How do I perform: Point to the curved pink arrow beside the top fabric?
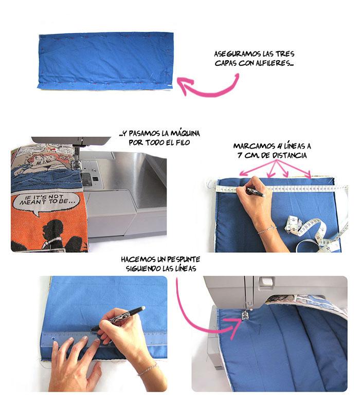pos(208,85)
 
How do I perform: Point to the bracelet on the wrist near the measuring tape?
pos(265,230)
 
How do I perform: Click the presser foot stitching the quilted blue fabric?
pos(246,314)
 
